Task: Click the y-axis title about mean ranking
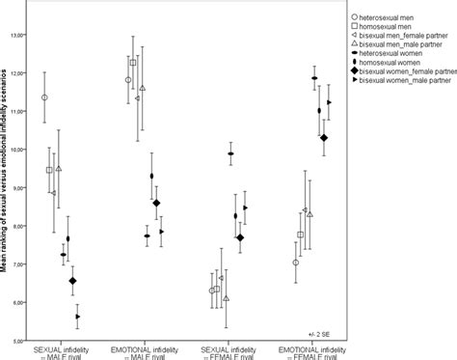[x=7, y=183]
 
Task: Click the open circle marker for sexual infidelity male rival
[x=44, y=97]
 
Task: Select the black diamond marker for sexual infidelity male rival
[x=72, y=281]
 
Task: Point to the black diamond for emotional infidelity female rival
[x=324, y=138]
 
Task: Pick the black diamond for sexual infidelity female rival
[x=240, y=237]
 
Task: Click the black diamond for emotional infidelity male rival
[x=156, y=203]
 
